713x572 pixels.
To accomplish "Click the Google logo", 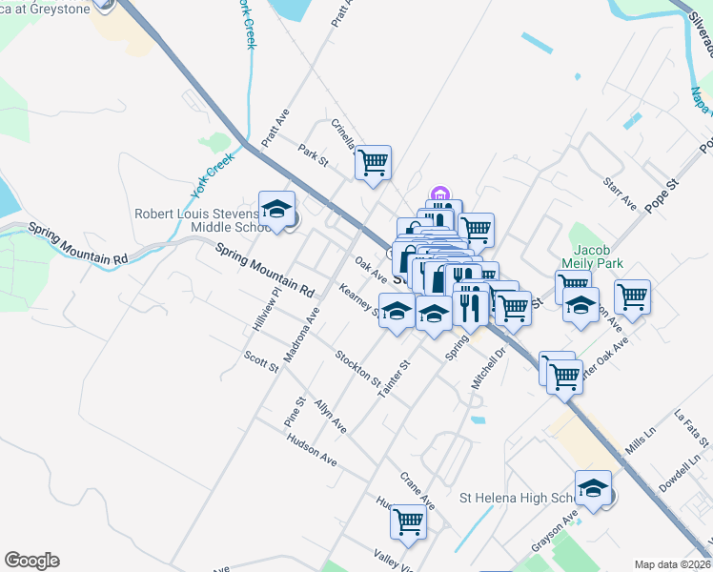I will (x=31, y=561).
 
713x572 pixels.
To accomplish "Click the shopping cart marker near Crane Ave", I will (x=408, y=521).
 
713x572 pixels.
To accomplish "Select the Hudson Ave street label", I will (x=312, y=447).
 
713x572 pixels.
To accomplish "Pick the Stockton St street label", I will (x=357, y=369).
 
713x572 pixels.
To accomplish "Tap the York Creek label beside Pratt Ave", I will (x=212, y=176).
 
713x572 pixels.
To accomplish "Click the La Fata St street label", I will (x=691, y=428).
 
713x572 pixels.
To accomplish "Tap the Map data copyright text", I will (x=670, y=563).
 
